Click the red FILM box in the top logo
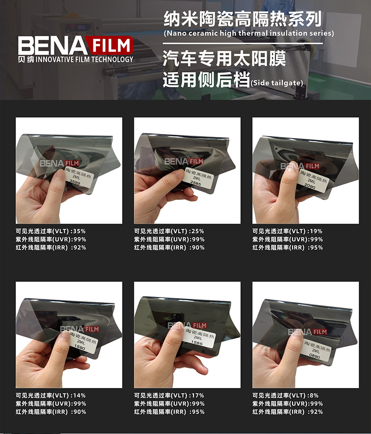tap(110, 46)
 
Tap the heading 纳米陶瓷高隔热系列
tap(242, 19)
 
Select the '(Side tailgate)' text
tap(277, 83)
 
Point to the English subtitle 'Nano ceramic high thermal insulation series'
tap(249, 33)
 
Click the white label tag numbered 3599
tap(77, 175)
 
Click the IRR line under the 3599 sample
tap(51, 247)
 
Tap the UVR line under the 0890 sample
tap(287, 404)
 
